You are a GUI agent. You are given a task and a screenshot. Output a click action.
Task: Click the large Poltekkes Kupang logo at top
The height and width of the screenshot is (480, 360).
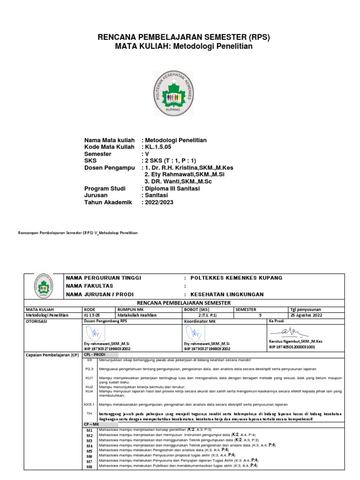[x=173, y=93]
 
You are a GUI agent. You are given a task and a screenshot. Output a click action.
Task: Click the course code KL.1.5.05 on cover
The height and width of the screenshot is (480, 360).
[x=159, y=147]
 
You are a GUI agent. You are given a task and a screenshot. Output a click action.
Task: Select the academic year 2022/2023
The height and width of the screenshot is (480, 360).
[x=159, y=202]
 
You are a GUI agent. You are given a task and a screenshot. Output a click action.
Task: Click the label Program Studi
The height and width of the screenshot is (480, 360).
[x=105, y=188]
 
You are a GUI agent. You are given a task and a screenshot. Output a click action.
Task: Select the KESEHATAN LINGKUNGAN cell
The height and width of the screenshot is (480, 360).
[x=227, y=294]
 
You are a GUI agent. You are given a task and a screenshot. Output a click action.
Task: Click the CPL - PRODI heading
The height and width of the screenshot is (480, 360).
[x=96, y=355]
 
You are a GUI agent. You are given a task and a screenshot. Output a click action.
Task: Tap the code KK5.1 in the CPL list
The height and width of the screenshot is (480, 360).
[x=90, y=404]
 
